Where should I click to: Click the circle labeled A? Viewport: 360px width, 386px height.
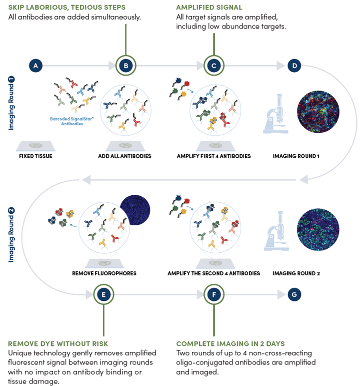point(35,66)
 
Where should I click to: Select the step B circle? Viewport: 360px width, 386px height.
point(126,66)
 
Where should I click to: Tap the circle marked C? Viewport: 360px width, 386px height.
point(214,66)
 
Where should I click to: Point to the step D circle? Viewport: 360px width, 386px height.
point(294,66)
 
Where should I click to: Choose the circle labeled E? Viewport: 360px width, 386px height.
point(103,294)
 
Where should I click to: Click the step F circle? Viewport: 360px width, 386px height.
point(214,294)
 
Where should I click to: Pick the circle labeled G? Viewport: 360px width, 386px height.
point(294,294)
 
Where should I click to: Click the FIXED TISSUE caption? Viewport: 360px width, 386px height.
point(35,156)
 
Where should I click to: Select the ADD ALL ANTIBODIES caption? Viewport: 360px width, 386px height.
point(124,156)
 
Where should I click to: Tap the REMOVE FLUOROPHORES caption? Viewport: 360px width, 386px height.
point(104,273)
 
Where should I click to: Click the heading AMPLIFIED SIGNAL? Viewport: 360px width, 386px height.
point(209,8)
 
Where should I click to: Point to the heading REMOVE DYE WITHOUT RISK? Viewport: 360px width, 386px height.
point(58,343)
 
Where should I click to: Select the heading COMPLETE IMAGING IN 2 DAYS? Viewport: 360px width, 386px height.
point(230,343)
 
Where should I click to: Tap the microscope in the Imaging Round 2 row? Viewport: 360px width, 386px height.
point(276,231)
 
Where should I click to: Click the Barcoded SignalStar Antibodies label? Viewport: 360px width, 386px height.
point(72,121)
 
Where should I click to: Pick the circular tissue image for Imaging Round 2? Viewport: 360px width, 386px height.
point(318,230)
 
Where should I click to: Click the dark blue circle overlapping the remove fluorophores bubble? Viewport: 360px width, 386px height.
point(135,210)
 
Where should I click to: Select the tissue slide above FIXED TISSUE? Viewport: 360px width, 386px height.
point(35,146)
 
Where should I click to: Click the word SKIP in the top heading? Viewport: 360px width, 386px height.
point(16,8)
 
